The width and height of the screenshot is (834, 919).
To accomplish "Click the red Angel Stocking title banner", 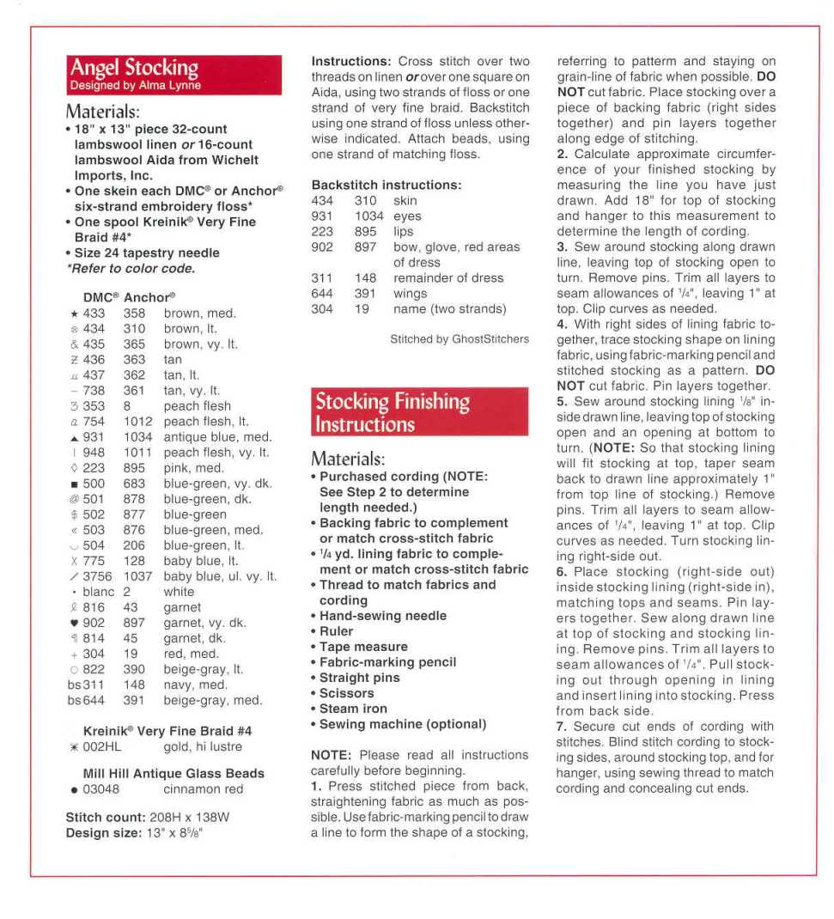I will click(174, 75).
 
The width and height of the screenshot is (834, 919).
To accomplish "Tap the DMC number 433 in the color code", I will click(94, 313).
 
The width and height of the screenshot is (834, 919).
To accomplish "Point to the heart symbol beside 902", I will click(74, 623).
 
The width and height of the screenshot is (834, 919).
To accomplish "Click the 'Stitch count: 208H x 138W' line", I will click(147, 817).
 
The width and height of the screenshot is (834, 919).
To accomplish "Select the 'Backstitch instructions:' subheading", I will click(387, 185).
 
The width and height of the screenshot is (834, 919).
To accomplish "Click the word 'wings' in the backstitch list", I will click(411, 294).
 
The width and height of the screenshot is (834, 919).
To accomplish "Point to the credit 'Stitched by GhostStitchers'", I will click(460, 339).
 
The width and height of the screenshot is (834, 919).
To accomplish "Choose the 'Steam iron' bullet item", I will click(353, 709).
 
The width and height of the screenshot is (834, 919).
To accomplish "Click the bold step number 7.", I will click(561, 727).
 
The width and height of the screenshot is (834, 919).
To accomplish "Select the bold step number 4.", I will click(561, 325).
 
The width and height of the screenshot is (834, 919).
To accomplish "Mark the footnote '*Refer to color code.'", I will click(130, 268).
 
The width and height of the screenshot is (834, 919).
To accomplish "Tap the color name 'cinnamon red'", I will click(203, 789).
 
